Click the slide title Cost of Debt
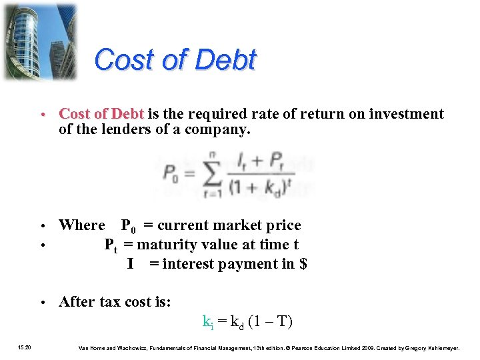pyautogui.click(x=175, y=60)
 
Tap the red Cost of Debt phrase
pyautogui.click(x=102, y=114)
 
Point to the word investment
pyautogui.click(x=407, y=114)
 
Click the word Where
pyautogui.click(x=82, y=225)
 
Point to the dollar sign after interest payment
pyautogui.click(x=303, y=264)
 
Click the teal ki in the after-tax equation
pyautogui.click(x=207, y=322)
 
